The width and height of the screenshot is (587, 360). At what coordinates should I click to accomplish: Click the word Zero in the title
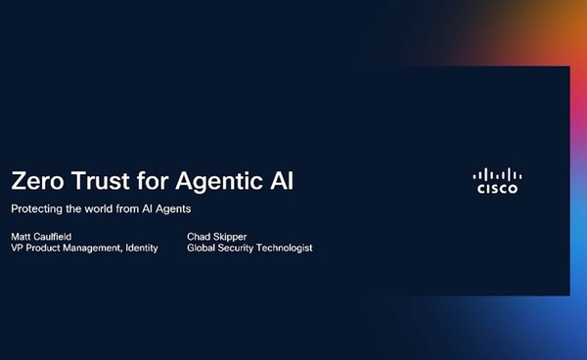pyautogui.click(x=37, y=181)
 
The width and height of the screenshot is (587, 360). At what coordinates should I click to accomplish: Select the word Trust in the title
pyautogui.click(x=101, y=181)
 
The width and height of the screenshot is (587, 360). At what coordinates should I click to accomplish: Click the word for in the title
pyautogui.click(x=153, y=181)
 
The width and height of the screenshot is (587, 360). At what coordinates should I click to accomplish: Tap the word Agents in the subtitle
pyautogui.click(x=173, y=209)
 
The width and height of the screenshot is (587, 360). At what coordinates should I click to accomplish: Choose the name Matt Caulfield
pyautogui.click(x=41, y=237)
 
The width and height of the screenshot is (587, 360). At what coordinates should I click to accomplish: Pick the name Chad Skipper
pyautogui.click(x=217, y=237)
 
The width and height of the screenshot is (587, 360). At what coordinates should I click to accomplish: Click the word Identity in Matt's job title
pyautogui.click(x=142, y=248)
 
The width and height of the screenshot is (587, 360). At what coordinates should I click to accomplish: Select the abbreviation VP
pyautogui.click(x=18, y=247)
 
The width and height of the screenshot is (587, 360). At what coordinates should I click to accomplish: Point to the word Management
pyautogui.click(x=92, y=248)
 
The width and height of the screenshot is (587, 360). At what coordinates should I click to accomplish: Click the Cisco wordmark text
pyautogui.click(x=497, y=189)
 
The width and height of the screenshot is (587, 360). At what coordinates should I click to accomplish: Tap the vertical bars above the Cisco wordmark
pyautogui.click(x=497, y=174)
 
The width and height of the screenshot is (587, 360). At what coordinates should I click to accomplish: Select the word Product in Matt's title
pyautogui.click(x=43, y=247)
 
